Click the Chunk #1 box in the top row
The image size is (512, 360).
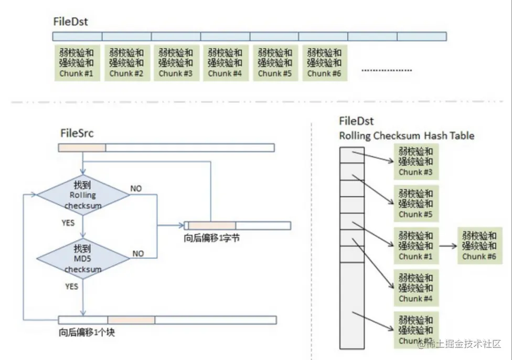click(x=77, y=63)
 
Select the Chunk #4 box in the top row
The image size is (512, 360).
click(x=225, y=63)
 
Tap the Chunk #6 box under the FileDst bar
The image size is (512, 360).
click(x=324, y=63)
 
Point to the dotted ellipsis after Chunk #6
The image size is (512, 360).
click(x=387, y=70)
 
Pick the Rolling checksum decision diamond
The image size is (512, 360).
click(x=83, y=195)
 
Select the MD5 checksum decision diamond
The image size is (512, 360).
click(x=83, y=258)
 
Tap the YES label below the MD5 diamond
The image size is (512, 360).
click(x=71, y=287)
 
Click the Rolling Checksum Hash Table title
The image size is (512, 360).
click(x=407, y=136)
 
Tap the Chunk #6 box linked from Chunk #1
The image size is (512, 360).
click(x=481, y=246)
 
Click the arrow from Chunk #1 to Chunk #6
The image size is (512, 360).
click(x=447, y=245)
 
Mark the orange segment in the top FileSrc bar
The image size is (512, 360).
click(x=82, y=147)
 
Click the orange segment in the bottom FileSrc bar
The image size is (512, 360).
click(x=131, y=320)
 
